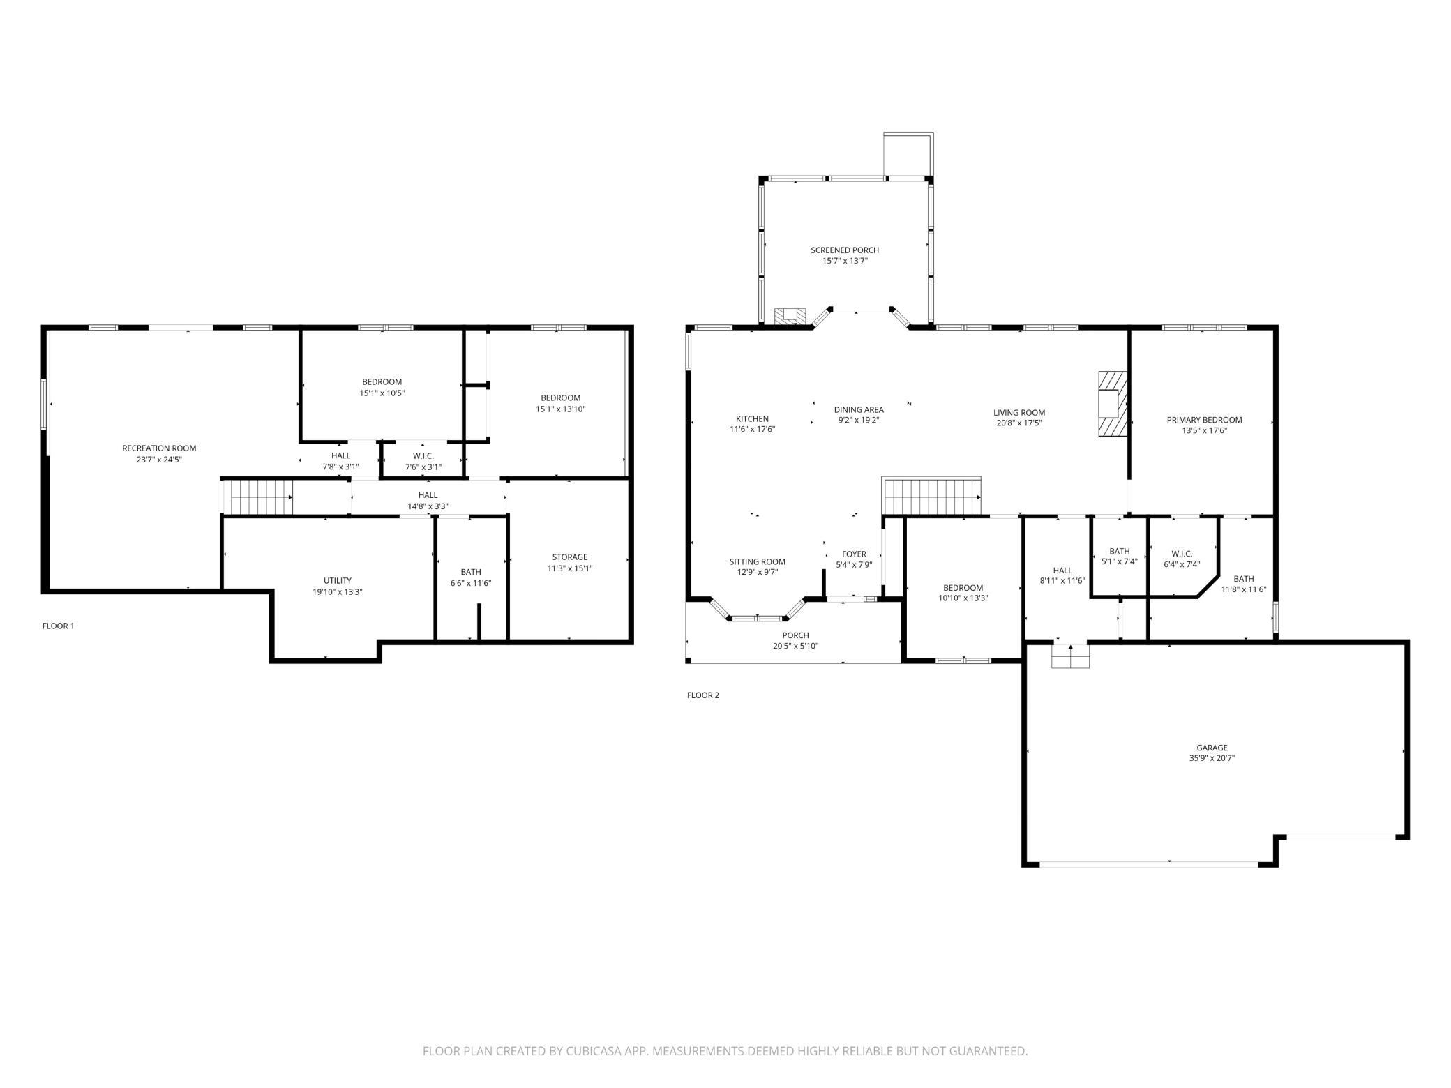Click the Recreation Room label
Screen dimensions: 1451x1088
(159, 448)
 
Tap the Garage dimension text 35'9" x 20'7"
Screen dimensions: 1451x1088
(1212, 758)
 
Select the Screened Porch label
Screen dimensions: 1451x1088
(845, 250)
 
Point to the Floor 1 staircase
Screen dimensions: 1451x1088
(257, 497)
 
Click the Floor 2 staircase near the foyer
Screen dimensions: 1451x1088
(932, 496)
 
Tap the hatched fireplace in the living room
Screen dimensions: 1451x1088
(1113, 404)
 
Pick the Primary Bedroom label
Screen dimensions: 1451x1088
(1204, 420)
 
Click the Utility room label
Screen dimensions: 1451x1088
(338, 581)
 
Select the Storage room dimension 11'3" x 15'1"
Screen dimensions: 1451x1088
(570, 568)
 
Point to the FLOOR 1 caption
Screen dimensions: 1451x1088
(58, 626)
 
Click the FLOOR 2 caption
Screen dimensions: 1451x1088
(702, 695)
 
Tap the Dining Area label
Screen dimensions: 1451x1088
(859, 410)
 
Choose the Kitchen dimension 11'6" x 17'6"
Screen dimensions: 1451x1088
(752, 430)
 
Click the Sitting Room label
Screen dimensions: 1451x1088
(758, 562)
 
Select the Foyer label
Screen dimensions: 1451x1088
(854, 554)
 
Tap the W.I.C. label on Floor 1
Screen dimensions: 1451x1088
(423, 456)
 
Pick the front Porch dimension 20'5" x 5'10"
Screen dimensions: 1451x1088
(795, 647)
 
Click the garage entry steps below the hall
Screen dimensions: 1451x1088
(1070, 656)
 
